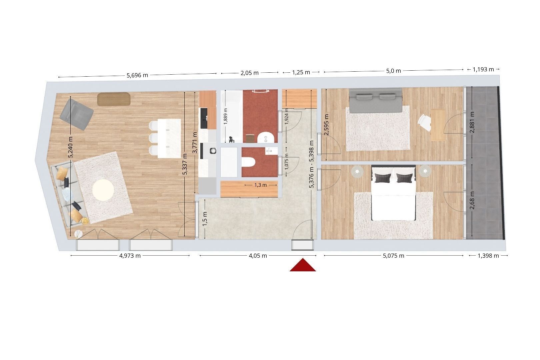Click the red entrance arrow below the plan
click(x=303, y=265)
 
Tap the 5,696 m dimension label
click(x=137, y=75)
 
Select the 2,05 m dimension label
click(x=250, y=73)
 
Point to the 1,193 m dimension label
click(x=483, y=69)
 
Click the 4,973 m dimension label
click(x=130, y=256)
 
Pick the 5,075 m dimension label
click(x=393, y=256)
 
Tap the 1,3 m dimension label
click(x=261, y=185)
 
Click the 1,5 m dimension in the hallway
click(x=205, y=219)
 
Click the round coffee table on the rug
click(x=103, y=190)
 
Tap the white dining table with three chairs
click(x=169, y=138)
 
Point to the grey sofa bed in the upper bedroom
click(x=376, y=101)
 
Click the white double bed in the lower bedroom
click(x=393, y=193)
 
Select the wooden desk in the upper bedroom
click(x=438, y=125)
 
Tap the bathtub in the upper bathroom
click(x=232, y=116)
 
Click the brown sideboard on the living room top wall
click(x=114, y=99)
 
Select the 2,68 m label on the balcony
click(x=472, y=200)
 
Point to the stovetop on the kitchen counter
click(x=213, y=151)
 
